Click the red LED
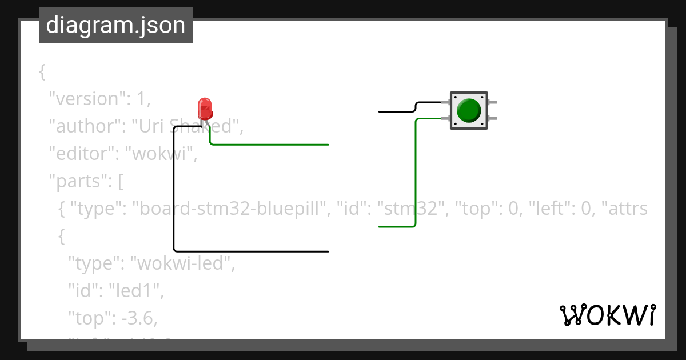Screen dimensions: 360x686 (204, 109)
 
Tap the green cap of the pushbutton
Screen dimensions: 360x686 (469, 110)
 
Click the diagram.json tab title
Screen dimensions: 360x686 (115, 26)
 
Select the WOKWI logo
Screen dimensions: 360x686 (607, 315)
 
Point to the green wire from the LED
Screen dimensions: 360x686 (269, 145)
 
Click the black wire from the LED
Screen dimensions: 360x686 (174, 194)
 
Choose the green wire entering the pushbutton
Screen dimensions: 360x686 (416, 171)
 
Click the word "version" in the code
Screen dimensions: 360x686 (86, 99)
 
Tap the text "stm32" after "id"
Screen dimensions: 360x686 (410, 209)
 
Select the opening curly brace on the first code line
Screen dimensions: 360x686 (42, 71)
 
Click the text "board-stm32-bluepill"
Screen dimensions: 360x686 (232, 209)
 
